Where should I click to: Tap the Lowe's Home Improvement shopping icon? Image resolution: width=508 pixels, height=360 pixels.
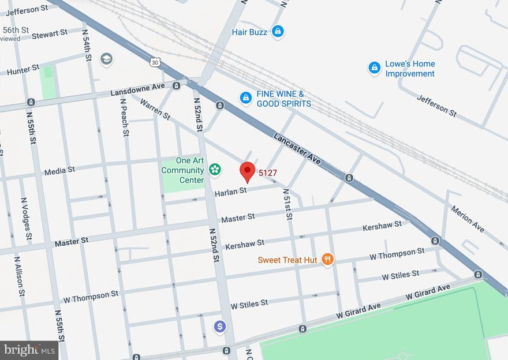375,68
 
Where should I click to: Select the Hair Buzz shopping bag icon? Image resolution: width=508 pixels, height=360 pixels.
278,32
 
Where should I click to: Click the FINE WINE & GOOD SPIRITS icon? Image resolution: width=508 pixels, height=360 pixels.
246,99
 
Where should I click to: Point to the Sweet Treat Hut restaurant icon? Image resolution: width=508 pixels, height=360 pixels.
327,260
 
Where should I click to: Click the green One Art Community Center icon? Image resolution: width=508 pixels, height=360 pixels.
215,170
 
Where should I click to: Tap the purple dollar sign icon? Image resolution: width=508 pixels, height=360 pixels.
219,327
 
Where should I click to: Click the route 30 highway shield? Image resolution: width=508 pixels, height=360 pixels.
154,62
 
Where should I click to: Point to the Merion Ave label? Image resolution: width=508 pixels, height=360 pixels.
468,219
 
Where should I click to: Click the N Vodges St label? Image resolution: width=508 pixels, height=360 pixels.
26,219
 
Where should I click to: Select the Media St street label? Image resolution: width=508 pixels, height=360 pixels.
60,171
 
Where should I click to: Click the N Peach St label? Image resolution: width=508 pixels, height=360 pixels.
124,117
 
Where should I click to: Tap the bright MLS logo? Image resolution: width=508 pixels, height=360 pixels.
29,350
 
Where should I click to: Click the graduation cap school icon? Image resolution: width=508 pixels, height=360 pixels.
106,59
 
